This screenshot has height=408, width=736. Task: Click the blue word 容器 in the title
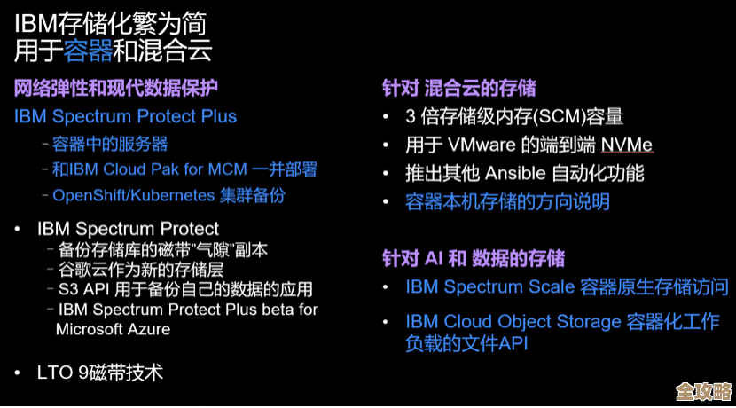pos(88,51)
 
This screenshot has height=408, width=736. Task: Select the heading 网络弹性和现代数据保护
pos(115,88)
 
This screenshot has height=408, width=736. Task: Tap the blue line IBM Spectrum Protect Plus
pos(125,116)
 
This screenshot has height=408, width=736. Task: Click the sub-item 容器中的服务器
pos(110,144)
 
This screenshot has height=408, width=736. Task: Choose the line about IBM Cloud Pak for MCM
pos(184,169)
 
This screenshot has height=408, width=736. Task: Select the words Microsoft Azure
pos(113,329)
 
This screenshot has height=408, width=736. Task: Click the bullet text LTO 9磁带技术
pos(100,372)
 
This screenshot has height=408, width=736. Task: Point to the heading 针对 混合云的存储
pos(458,89)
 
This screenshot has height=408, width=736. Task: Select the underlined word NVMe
pos(626,145)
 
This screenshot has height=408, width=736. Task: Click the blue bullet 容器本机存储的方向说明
pos(507,202)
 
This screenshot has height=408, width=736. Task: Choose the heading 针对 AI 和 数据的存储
pos(473,258)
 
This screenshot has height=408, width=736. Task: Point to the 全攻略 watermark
pos(703,391)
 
